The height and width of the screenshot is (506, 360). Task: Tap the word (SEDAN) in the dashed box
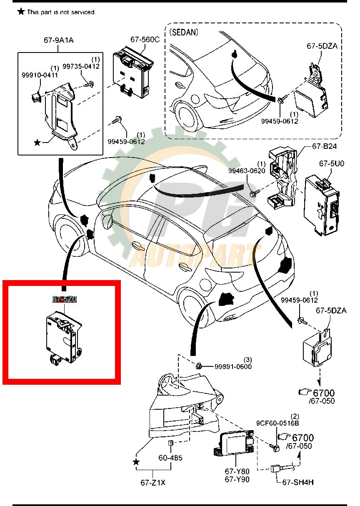click(184, 32)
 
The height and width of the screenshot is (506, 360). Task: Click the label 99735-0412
click(81, 66)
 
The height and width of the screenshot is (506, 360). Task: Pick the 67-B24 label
click(324, 147)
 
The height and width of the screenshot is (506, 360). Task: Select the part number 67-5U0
click(332, 164)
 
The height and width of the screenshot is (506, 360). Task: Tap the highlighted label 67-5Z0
click(64, 299)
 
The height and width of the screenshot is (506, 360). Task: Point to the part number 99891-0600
click(233, 366)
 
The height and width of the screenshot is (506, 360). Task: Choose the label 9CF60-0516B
click(277, 423)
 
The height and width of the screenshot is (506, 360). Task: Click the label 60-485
click(170, 458)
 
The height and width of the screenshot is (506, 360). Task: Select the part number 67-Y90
click(237, 479)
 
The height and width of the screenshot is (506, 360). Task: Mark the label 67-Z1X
click(153, 483)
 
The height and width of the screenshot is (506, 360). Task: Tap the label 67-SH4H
click(298, 482)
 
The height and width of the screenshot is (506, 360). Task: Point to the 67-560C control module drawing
click(133, 70)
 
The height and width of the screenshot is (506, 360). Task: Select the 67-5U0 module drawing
click(322, 204)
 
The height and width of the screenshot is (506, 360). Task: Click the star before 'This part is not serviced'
click(21, 11)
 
